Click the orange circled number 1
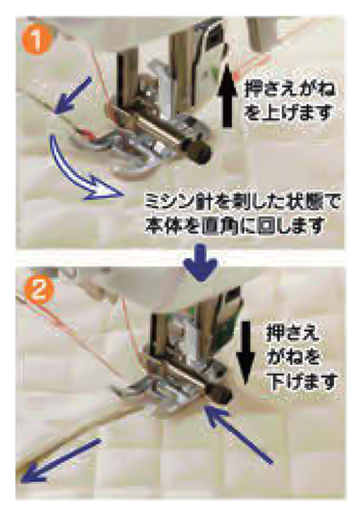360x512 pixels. tap(37, 39)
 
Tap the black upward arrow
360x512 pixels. tap(227, 99)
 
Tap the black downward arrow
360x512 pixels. tap(245, 352)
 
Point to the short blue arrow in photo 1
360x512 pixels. tap(72, 95)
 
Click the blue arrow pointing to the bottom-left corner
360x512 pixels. tap(61, 461)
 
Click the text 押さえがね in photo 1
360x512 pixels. tap(290, 90)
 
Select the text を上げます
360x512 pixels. tap(288, 112)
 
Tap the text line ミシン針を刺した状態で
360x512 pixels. tap(243, 204)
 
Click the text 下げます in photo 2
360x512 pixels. tap(302, 381)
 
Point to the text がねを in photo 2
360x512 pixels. tap(293, 357)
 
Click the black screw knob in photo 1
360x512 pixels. tap(198, 154)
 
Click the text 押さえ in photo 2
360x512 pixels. tap(293, 334)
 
